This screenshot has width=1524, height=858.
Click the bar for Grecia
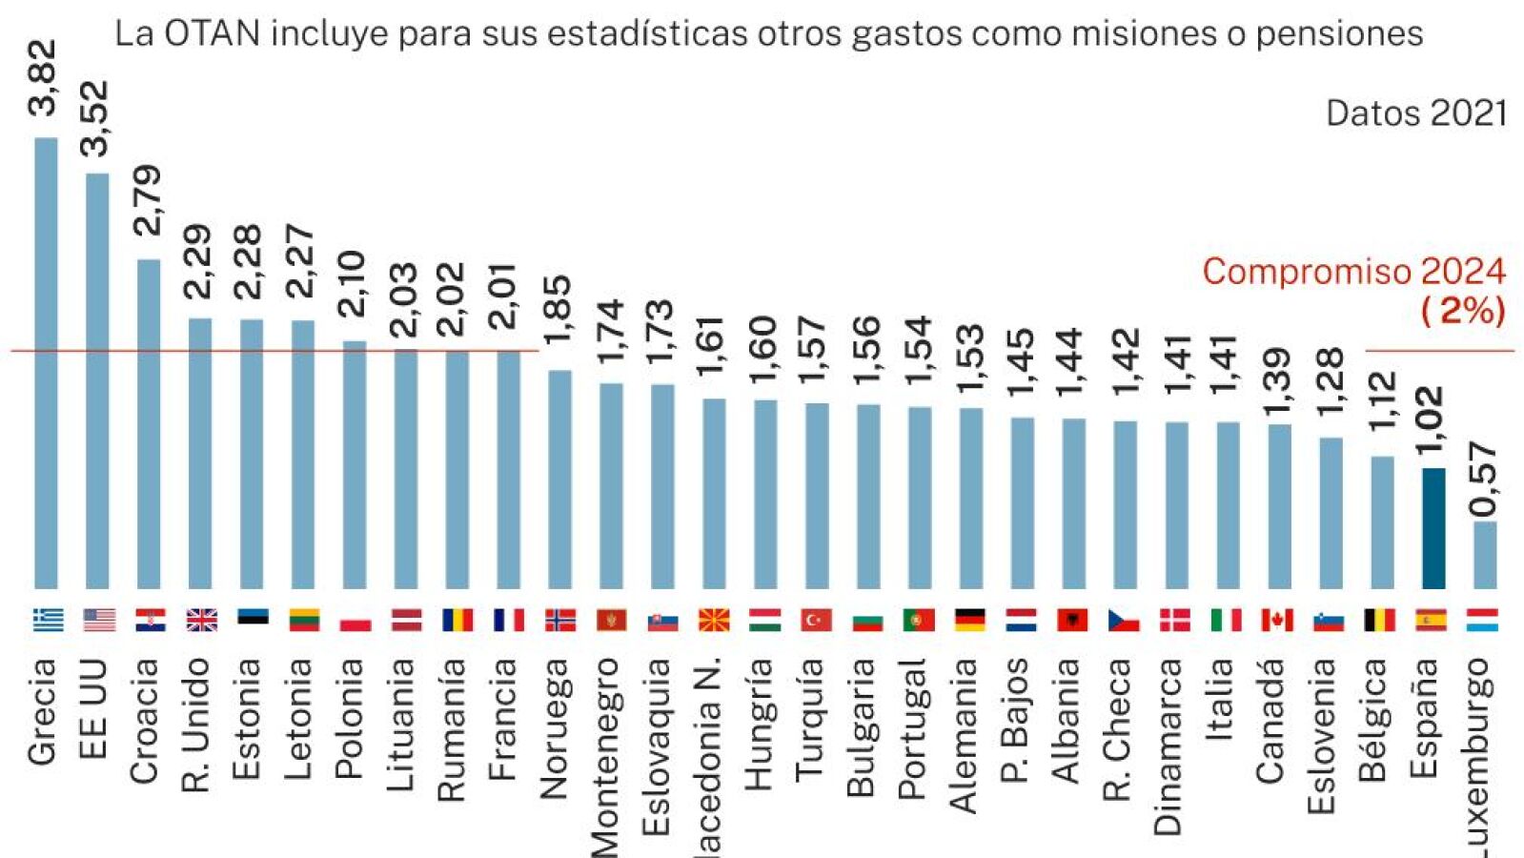coord(46,362)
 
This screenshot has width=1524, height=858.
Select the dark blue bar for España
coord(1433,528)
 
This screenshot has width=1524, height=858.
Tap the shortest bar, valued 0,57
coord(1484,555)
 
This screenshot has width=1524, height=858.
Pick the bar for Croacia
coord(149,423)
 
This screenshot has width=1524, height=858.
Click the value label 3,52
coord(95,118)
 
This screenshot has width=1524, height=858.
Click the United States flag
coord(98,621)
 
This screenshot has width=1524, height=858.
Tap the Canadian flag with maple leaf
coord(1277,621)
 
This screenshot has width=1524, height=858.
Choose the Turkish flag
coord(816,621)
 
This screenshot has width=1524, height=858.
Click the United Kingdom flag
coord(201,621)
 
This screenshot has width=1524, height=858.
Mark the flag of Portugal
coord(919,621)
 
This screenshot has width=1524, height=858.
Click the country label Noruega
coord(555,728)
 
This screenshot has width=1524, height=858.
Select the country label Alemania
coord(965,735)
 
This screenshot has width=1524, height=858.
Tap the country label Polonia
coord(350,719)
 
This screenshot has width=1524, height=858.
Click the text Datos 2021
coord(1415,114)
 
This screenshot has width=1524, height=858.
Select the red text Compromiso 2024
coord(1353,272)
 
